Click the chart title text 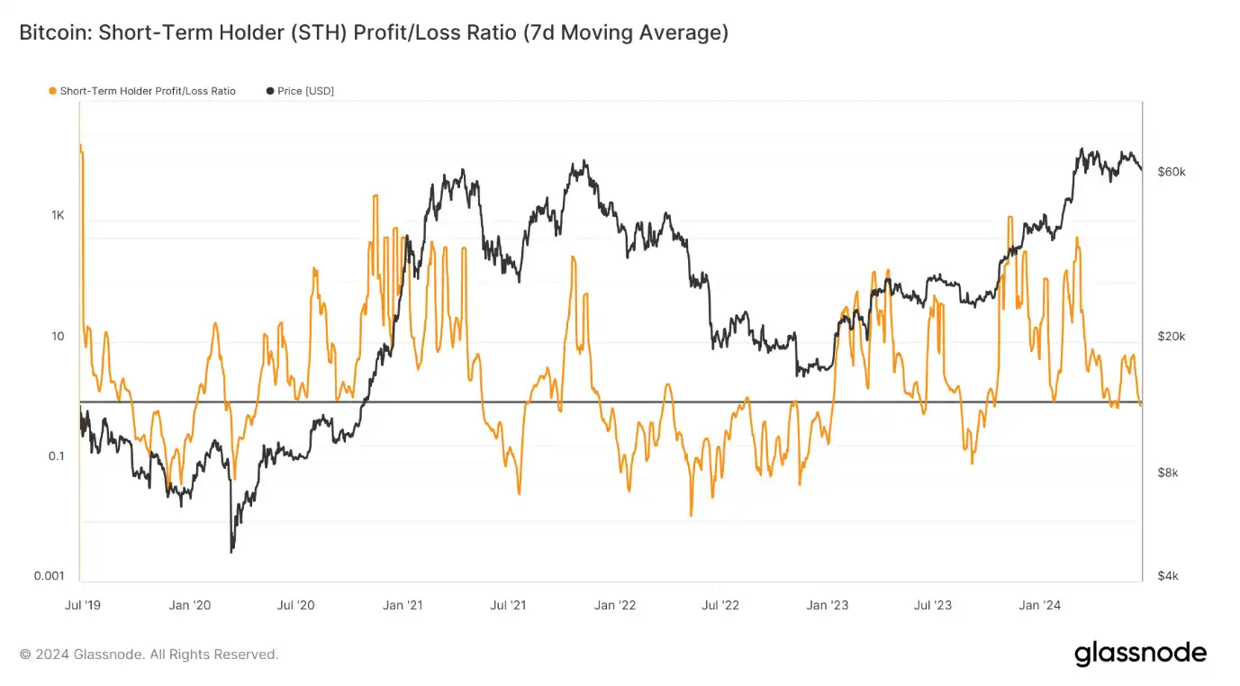pyautogui.click(x=374, y=33)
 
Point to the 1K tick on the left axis pyautogui.click(x=58, y=216)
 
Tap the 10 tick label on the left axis pyautogui.click(x=58, y=337)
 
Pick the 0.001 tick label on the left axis pyautogui.click(x=50, y=576)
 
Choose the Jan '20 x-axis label pyautogui.click(x=190, y=605)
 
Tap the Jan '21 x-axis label pyautogui.click(x=403, y=605)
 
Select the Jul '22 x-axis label pyautogui.click(x=721, y=605)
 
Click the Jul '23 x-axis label pyautogui.click(x=933, y=605)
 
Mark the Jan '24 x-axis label pyautogui.click(x=1040, y=605)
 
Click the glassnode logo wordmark pyautogui.click(x=1140, y=654)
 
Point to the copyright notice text pyautogui.click(x=149, y=654)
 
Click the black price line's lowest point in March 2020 pyautogui.click(x=232, y=551)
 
